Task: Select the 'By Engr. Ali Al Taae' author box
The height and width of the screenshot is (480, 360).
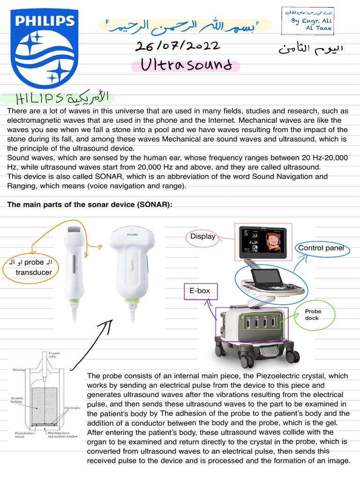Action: coord(307,21)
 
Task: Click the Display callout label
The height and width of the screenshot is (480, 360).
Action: coord(202,236)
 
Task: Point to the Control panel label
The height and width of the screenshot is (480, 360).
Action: coord(321,248)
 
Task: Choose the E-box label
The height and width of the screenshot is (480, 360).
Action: coord(200,291)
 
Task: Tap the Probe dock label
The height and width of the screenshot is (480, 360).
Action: coord(313,315)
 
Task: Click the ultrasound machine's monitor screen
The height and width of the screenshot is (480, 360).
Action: coord(263,242)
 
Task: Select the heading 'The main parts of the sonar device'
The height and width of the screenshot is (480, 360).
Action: coord(87,205)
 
